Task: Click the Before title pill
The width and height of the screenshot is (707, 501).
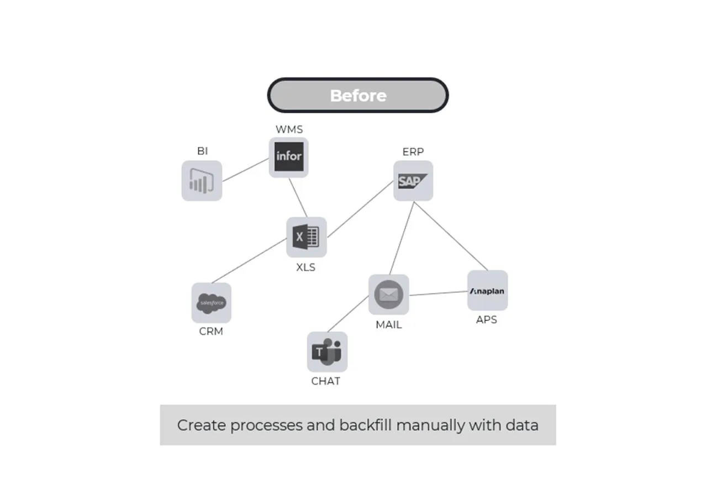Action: [358, 95]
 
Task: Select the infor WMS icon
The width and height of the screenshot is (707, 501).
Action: [289, 157]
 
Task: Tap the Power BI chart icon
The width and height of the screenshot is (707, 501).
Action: [202, 181]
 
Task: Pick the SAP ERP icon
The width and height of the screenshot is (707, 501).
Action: [413, 181]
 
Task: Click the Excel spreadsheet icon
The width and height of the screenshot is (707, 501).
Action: [307, 237]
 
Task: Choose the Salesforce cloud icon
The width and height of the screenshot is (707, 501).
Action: [212, 303]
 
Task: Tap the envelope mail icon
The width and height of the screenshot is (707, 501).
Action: [389, 294]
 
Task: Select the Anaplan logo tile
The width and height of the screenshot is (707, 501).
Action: [488, 291]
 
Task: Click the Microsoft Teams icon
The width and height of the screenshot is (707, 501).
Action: [328, 352]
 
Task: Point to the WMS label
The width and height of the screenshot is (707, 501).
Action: [289, 129]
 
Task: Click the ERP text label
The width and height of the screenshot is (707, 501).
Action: [413, 152]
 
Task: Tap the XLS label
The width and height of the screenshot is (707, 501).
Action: [306, 267]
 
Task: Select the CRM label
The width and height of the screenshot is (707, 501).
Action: [211, 331]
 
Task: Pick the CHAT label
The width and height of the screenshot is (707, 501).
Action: [326, 381]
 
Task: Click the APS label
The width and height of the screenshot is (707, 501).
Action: [487, 320]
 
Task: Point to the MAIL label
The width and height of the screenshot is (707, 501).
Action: [389, 325]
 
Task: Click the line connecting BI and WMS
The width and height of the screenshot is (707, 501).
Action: [246, 170]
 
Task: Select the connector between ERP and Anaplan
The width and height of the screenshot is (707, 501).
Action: [451, 236]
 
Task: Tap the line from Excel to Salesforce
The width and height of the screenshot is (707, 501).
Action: [249, 261]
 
